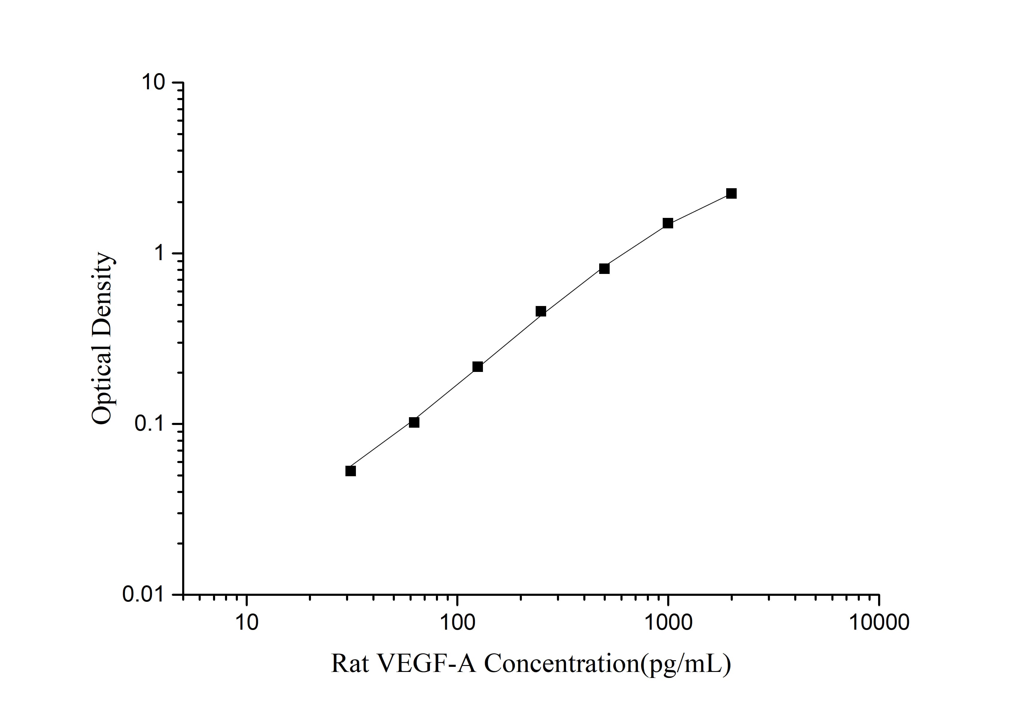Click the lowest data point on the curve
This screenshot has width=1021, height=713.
click(351, 471)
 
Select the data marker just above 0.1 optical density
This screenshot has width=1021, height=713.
click(414, 422)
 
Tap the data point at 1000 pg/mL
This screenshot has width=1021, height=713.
click(668, 223)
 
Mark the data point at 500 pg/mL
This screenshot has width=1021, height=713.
click(604, 269)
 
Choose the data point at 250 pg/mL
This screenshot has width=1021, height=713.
click(541, 311)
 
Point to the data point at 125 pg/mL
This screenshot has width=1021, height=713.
click(478, 367)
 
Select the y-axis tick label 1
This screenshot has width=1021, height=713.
click(159, 254)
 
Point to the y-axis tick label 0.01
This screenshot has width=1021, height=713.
click(145, 595)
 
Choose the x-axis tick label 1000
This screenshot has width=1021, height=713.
click(668, 622)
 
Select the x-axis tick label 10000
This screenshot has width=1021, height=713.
click(879, 622)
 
